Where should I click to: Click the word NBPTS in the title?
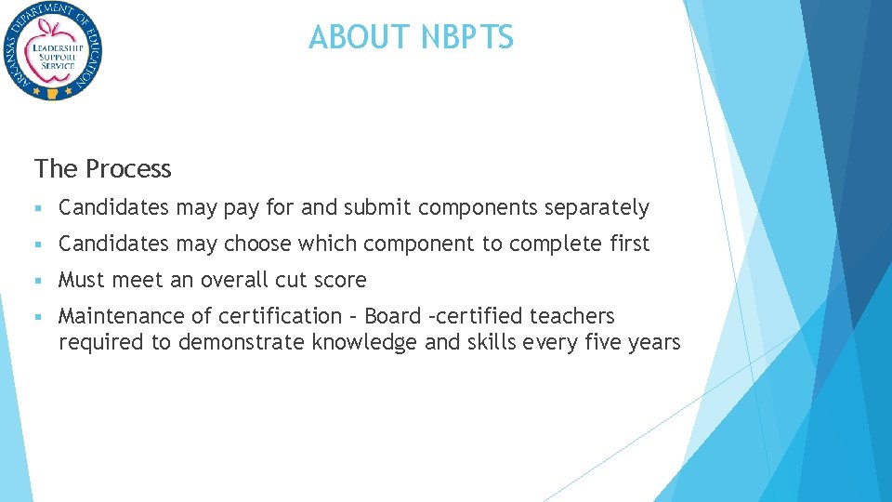466,38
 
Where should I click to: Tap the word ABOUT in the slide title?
361,38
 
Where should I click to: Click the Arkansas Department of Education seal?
52,52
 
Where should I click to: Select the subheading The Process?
103,169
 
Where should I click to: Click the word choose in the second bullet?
258,244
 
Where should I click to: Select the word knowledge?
364,343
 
